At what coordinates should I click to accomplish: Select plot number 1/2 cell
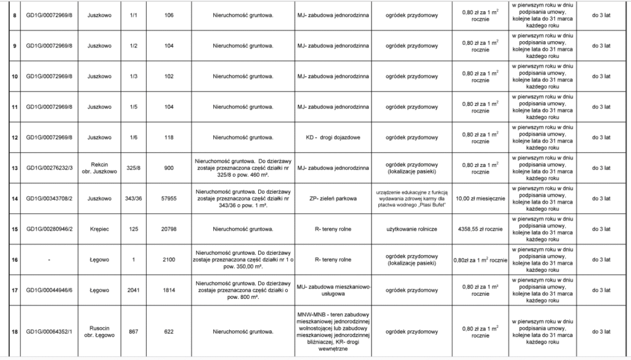[133, 45]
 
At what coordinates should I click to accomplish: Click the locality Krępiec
[99, 229]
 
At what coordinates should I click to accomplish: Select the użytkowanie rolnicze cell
[412, 229]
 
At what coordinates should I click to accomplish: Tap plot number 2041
[133, 290]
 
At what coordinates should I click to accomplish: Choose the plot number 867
[133, 332]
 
